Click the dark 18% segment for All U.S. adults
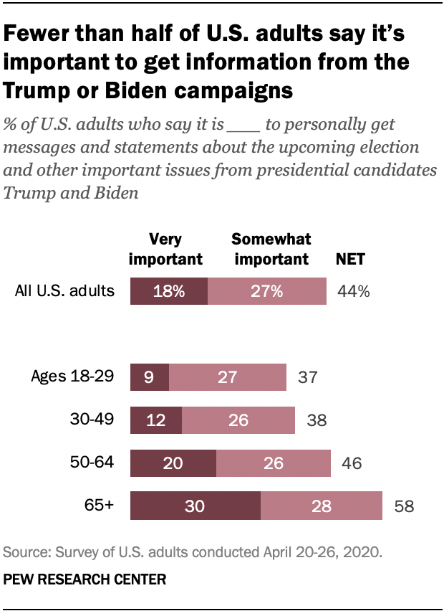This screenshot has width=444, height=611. click(168, 292)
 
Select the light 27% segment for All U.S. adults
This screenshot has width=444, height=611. click(266, 292)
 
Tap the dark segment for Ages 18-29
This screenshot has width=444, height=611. click(149, 377)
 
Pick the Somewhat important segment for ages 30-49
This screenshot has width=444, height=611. click(238, 420)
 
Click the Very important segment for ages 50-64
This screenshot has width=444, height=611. click(173, 463)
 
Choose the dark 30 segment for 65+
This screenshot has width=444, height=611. click(195, 506)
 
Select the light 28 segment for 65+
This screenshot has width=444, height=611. click(321, 506)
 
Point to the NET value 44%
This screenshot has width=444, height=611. click(353, 292)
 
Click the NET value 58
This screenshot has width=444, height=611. click(405, 507)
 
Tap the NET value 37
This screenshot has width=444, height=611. click(307, 378)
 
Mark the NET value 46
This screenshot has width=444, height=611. click(351, 464)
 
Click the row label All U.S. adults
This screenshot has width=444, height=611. click(64, 291)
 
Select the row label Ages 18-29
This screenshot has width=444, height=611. click(72, 376)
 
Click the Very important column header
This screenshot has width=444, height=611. click(165, 250)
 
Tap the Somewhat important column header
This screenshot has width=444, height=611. click(270, 250)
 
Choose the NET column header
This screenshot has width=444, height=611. click(351, 259)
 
